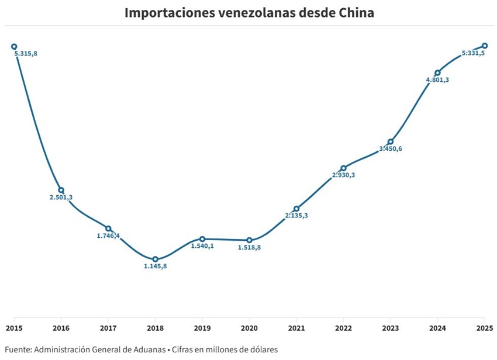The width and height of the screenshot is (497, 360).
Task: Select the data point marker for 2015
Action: coord(14,47)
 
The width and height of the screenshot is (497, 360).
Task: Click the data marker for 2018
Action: coord(155,259)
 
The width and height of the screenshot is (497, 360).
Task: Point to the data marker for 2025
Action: coord(485,46)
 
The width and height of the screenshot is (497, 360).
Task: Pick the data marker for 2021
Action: coord(296,209)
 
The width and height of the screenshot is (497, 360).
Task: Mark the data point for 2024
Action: coord(437,73)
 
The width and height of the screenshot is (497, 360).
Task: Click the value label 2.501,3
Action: coord(61,198)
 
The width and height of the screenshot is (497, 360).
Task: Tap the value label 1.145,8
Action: coord(155,266)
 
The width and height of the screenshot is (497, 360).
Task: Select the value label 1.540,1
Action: coord(202,247)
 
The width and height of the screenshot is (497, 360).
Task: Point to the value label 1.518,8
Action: coord(249,248)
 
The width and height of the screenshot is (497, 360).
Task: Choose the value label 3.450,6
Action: coord(391,149)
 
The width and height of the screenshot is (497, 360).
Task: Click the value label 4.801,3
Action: coord(437,80)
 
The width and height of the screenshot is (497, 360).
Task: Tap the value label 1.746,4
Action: coord(108,236)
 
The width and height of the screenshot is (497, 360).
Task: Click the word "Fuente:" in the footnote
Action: coord(18,349)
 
